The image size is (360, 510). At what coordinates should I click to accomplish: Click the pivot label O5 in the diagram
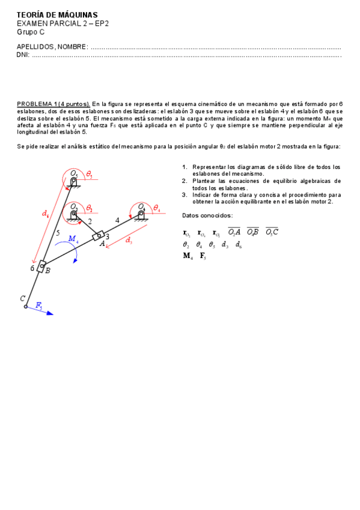(74, 174)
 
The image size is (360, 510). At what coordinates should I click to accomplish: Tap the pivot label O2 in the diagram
(73, 207)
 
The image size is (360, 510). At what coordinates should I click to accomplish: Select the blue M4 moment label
(73, 239)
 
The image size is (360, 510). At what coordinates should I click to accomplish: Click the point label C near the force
(22, 298)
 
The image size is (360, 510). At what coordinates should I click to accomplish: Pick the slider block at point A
(99, 235)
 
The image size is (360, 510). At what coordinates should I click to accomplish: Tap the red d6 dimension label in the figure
(45, 214)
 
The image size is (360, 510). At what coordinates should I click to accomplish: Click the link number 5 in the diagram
(58, 233)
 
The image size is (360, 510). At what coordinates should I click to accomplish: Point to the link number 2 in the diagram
(90, 222)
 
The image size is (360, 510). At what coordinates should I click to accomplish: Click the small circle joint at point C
(26, 307)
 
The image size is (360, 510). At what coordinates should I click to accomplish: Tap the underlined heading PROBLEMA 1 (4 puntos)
(53, 103)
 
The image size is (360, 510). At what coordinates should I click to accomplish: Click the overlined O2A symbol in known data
(234, 232)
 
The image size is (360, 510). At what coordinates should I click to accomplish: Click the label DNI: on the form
(23, 55)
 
